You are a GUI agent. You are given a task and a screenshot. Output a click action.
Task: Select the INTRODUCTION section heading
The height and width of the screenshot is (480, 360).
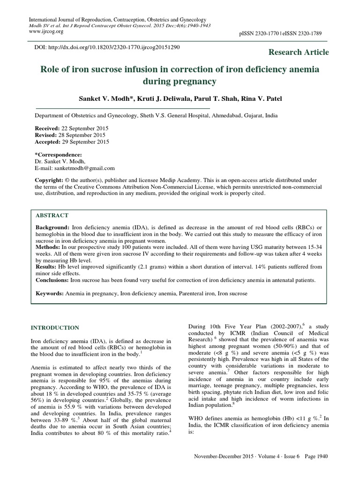55,327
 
